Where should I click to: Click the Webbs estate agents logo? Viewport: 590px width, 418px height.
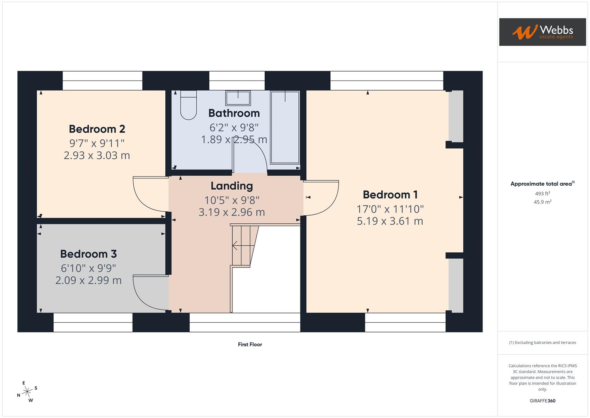tap(542, 32)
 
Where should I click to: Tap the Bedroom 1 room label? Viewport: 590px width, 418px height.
tap(390, 195)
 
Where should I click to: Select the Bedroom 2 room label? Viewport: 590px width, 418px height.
tap(97, 129)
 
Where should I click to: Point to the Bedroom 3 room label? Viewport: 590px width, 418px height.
tap(88, 254)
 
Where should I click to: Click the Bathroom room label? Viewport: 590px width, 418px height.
tap(234, 113)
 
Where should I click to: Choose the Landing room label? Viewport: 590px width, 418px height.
tap(231, 186)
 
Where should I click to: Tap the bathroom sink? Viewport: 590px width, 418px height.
tap(238, 98)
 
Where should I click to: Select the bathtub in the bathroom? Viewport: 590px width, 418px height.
tap(285, 127)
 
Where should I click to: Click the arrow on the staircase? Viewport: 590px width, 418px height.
tap(235, 245)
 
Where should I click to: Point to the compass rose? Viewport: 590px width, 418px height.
tap(27, 392)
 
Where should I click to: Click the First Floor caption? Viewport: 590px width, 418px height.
tap(250, 344)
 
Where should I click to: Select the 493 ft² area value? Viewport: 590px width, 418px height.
tap(542, 194)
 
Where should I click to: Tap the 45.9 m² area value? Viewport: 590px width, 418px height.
tap(542, 202)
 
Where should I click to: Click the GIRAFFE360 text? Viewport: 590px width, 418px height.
tap(542, 401)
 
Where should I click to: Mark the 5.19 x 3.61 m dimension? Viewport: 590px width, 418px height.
tap(390, 221)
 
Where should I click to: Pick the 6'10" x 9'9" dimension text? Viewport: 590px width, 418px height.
tap(88, 268)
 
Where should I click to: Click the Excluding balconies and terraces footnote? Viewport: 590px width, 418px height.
tap(542, 343)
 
